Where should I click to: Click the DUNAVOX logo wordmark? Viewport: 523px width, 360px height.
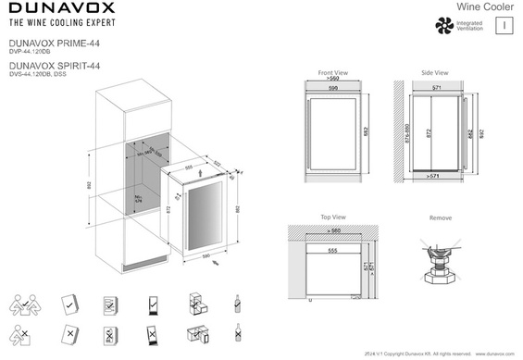[x=62, y=10]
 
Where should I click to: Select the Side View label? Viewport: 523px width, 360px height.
[x=434, y=72]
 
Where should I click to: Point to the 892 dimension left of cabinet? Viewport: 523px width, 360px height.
[x=89, y=185]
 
